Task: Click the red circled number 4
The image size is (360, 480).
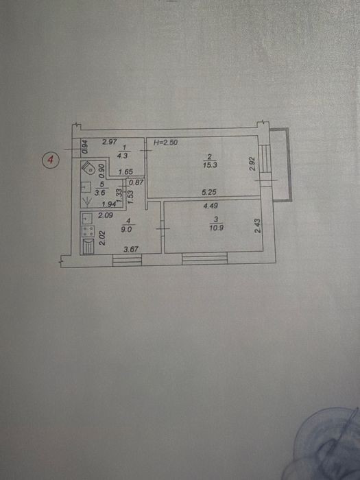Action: click(x=50, y=160)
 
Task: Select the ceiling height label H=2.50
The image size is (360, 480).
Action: click(x=165, y=142)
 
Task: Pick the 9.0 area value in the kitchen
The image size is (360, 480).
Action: click(x=126, y=229)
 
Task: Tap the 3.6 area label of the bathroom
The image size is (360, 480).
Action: click(x=101, y=193)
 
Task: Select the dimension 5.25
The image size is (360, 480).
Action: click(x=209, y=192)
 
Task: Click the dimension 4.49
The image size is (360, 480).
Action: click(x=211, y=206)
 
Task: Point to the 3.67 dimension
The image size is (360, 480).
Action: click(x=131, y=249)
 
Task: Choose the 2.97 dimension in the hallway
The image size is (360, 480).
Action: click(x=110, y=142)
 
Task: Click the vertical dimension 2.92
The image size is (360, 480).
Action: click(x=252, y=164)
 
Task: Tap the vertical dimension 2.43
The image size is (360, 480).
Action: click(x=258, y=226)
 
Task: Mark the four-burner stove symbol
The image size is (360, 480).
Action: click(x=88, y=231)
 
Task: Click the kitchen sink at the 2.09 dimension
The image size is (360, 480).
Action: click(x=87, y=218)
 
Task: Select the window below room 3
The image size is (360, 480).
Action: click(x=204, y=258)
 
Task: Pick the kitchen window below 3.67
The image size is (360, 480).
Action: click(x=127, y=260)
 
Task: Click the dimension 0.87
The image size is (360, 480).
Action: click(x=136, y=182)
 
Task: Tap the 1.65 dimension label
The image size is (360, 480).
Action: click(x=125, y=172)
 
